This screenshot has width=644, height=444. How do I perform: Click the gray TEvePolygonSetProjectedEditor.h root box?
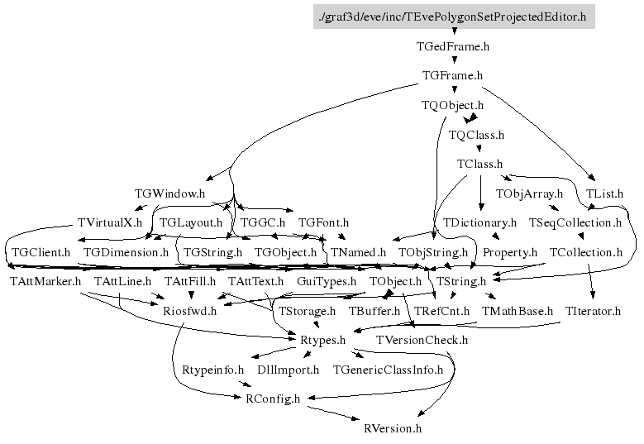453,16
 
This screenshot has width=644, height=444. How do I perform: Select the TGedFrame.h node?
453,46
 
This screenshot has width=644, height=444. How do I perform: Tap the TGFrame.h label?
452,75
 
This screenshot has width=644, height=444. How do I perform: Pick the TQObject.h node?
452,105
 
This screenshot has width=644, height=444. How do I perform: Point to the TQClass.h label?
476,134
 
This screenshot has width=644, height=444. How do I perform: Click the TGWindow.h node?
169,193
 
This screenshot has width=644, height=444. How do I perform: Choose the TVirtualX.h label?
109,222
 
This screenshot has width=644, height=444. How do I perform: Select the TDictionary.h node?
479,222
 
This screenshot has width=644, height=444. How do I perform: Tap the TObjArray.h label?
528,193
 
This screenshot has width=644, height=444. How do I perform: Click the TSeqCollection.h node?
575,222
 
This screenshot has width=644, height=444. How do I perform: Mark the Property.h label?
510,251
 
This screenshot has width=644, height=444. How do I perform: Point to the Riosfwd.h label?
189,311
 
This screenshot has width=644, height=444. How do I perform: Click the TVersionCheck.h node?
422,340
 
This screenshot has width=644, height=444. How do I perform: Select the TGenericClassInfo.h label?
388,370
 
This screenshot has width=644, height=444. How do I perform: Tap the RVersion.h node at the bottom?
393,428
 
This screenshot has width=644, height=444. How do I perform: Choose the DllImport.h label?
289,370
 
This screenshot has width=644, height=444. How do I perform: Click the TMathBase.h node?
518,311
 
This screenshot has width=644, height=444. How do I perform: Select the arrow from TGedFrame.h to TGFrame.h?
453,60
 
